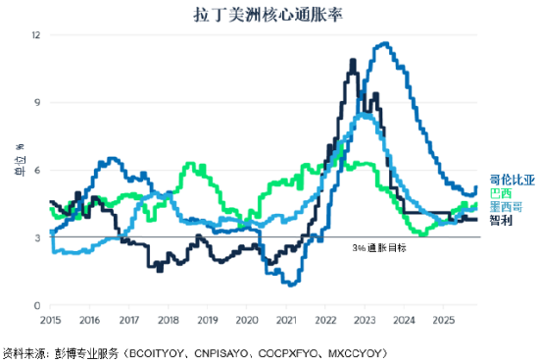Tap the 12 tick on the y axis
[x=36, y=35]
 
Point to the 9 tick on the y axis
[x=37, y=103]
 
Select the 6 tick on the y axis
[x=37, y=171]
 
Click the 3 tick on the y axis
[x=37, y=238]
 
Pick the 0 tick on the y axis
[x=37, y=306]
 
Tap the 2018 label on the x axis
[x=169, y=320]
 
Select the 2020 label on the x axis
[x=247, y=320]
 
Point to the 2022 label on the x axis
[x=325, y=320]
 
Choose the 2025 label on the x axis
[x=443, y=320]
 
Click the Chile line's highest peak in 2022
[x=353, y=60]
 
